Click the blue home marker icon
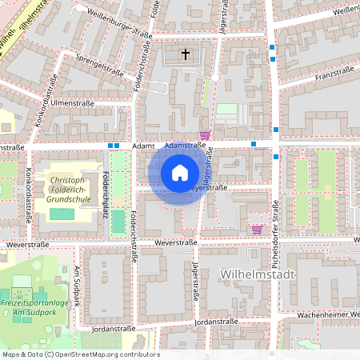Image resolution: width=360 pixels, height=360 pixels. (180, 173)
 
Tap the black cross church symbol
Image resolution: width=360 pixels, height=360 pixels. (186, 54)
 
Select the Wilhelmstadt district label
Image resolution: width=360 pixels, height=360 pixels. (256, 274)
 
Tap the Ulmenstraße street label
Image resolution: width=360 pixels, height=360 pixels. (73, 103)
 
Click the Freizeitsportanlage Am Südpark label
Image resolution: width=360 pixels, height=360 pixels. (34, 307)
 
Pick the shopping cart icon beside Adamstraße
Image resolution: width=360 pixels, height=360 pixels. (205, 135)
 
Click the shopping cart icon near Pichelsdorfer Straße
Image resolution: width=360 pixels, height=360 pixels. (256, 230)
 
